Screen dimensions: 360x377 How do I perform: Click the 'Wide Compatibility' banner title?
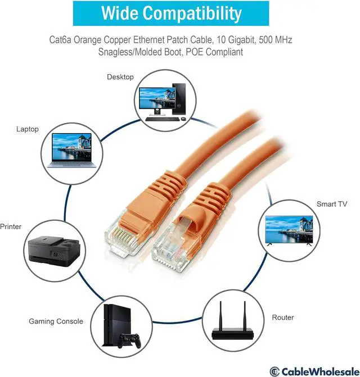(x=181, y=13)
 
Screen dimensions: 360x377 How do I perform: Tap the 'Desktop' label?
(x=120, y=77)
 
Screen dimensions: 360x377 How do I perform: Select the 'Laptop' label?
(x=28, y=129)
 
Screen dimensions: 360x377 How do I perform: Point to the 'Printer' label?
(x=10, y=227)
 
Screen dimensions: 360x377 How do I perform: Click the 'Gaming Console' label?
(x=56, y=321)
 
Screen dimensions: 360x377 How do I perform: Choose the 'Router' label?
(x=282, y=317)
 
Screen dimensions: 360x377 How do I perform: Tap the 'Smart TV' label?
(x=331, y=204)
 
